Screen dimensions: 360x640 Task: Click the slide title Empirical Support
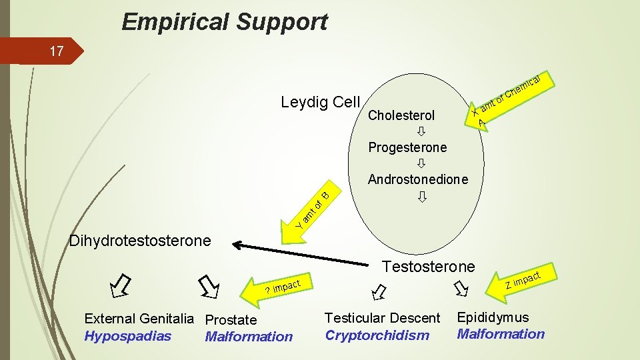click(224, 22)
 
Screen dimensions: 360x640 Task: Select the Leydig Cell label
click(320, 102)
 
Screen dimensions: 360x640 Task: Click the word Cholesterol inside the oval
click(401, 115)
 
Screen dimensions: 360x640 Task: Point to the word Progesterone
click(407, 147)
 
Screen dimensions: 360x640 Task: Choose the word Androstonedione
click(418, 179)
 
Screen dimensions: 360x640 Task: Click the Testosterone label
click(428, 267)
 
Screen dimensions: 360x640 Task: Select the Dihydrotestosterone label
click(140, 240)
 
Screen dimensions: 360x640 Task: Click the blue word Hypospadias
click(127, 336)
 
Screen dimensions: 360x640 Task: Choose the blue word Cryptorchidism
click(377, 335)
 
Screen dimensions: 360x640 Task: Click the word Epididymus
click(493, 317)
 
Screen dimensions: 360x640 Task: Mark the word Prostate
click(231, 320)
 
